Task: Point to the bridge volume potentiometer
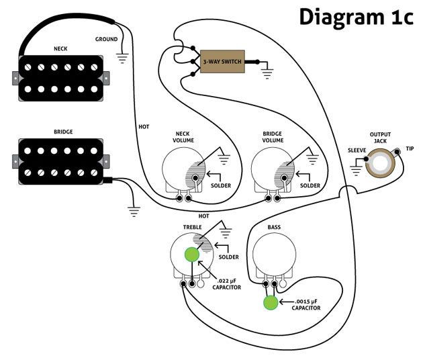[x=272, y=171]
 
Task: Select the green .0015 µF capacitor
[x=271, y=303]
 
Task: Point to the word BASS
[x=274, y=228]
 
